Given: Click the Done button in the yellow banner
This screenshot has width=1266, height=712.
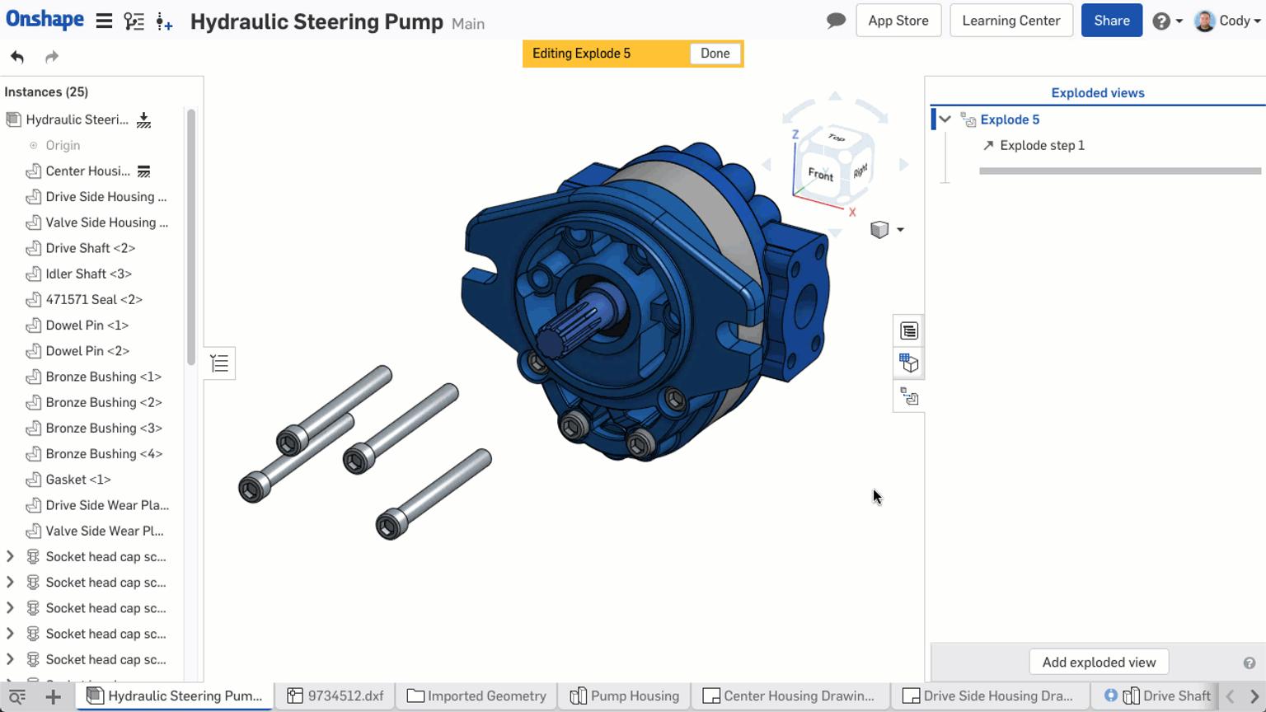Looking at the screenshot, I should click(715, 54).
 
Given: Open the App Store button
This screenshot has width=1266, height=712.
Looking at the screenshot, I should click(898, 21).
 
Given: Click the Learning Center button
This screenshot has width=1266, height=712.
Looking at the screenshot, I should click(1010, 21).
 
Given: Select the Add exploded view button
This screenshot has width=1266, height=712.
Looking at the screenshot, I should click(1098, 662).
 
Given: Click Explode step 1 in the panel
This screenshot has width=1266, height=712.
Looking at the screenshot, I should click(1042, 145).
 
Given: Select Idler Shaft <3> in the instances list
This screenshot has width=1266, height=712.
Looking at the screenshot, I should click(88, 274).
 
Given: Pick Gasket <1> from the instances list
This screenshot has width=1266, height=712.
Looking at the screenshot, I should click(78, 480).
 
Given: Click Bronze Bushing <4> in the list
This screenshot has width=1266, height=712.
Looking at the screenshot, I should click(104, 454).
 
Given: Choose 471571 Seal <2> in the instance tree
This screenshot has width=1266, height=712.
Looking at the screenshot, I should click(94, 299).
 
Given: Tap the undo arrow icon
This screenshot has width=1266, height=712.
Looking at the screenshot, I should click(17, 57).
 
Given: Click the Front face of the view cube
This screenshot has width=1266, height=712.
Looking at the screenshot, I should click(820, 174).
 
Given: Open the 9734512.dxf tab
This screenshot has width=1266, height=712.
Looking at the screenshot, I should click(336, 696).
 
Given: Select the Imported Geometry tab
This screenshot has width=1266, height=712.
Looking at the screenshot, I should click(477, 696).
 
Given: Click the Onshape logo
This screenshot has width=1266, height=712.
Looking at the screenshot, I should click(45, 20).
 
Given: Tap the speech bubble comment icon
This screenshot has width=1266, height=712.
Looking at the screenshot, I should click(836, 21).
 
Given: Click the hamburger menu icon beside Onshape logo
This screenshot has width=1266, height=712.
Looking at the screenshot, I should click(104, 21).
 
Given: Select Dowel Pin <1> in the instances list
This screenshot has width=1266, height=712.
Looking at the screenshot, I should click(87, 326).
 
